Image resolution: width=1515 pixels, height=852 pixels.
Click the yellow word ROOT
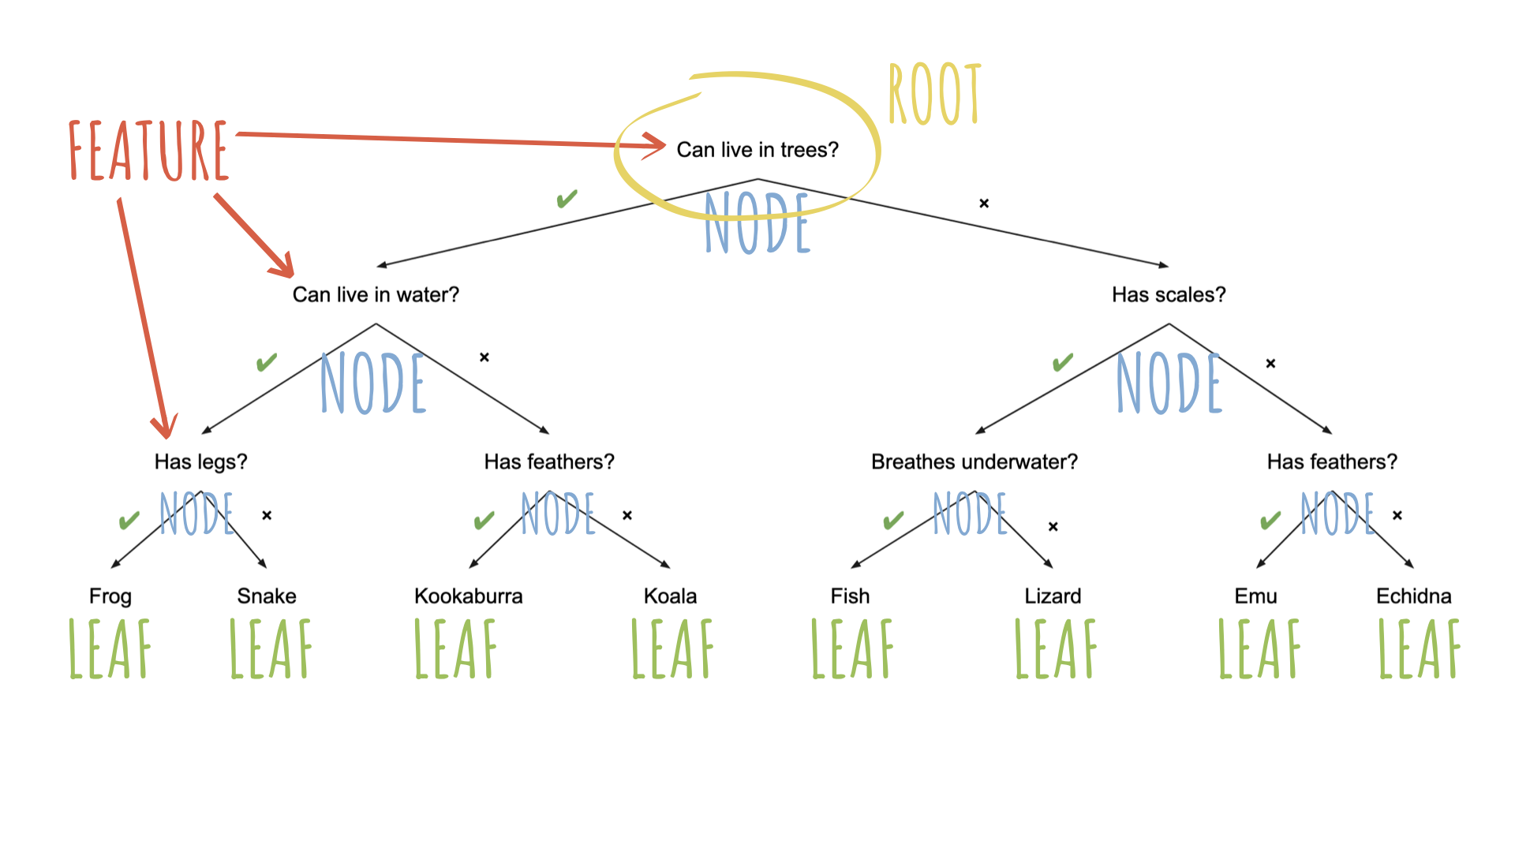tap(934, 94)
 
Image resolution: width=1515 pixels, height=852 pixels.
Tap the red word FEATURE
tap(148, 150)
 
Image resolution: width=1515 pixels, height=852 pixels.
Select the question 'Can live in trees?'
tap(757, 150)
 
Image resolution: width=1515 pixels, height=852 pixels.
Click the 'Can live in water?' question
tap(376, 295)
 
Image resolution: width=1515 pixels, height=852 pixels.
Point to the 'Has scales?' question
tap(1169, 295)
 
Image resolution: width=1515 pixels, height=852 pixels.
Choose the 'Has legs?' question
tap(200, 461)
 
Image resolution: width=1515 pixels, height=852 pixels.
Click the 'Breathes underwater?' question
tap(974, 461)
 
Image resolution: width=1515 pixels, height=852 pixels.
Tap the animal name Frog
tap(110, 596)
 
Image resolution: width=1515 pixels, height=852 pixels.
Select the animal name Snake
tap(267, 596)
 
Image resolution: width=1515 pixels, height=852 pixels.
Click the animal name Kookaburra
tap(468, 596)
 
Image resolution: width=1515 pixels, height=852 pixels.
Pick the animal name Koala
tap(670, 596)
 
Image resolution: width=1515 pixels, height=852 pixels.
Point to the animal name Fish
tap(850, 596)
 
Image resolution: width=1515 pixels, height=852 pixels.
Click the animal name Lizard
tap(1053, 596)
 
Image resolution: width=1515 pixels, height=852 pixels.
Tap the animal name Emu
tap(1255, 596)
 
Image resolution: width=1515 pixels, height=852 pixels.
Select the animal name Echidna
tap(1413, 596)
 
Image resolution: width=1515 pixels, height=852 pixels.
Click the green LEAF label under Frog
tap(110, 649)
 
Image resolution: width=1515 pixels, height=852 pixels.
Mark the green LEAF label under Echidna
tap(1420, 649)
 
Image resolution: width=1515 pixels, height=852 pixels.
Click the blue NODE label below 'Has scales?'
tap(1169, 383)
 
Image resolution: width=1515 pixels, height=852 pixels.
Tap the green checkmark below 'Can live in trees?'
tap(567, 199)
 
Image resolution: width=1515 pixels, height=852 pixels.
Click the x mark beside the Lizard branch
tap(1053, 527)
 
